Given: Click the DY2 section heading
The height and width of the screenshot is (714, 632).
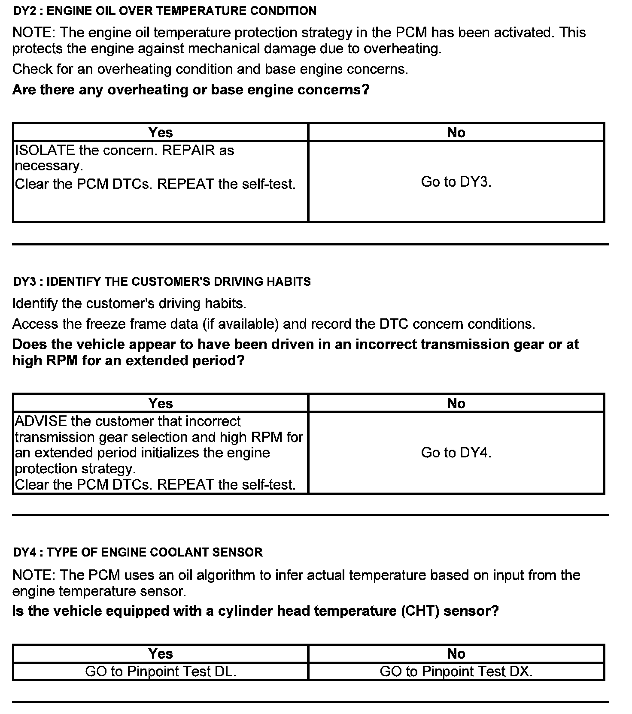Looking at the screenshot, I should click(x=164, y=11).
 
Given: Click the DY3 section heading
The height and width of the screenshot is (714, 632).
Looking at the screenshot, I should click(x=162, y=281).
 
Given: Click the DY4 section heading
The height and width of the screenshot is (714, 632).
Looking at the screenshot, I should click(x=137, y=552).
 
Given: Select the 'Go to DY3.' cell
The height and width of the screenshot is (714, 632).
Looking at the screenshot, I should click(x=456, y=182).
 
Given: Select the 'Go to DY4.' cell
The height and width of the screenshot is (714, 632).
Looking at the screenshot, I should click(x=456, y=453).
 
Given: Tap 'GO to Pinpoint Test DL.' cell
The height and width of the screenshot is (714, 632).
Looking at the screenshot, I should click(x=161, y=671).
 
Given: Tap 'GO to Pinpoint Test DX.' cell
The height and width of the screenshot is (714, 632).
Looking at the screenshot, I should click(x=456, y=671).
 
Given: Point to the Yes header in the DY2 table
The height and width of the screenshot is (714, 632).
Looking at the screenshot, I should click(x=161, y=132).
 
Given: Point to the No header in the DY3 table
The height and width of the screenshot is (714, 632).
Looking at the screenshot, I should click(x=456, y=403).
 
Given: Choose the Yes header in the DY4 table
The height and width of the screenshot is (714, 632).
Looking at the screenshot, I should click(x=161, y=653).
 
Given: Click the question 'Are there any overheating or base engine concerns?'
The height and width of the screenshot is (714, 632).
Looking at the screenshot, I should click(x=191, y=90).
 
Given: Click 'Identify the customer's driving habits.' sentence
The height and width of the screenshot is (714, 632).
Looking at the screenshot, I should click(x=129, y=303).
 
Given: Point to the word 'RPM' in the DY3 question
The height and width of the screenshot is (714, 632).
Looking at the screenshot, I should click(x=62, y=360).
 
